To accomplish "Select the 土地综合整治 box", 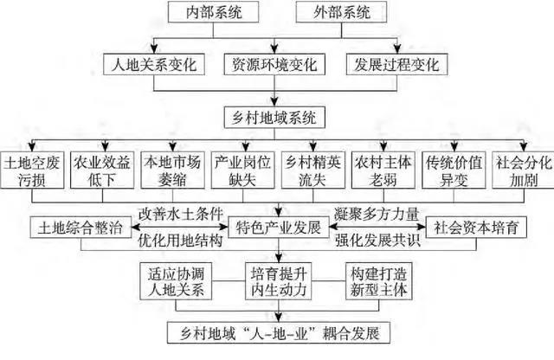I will tap(81, 228).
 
